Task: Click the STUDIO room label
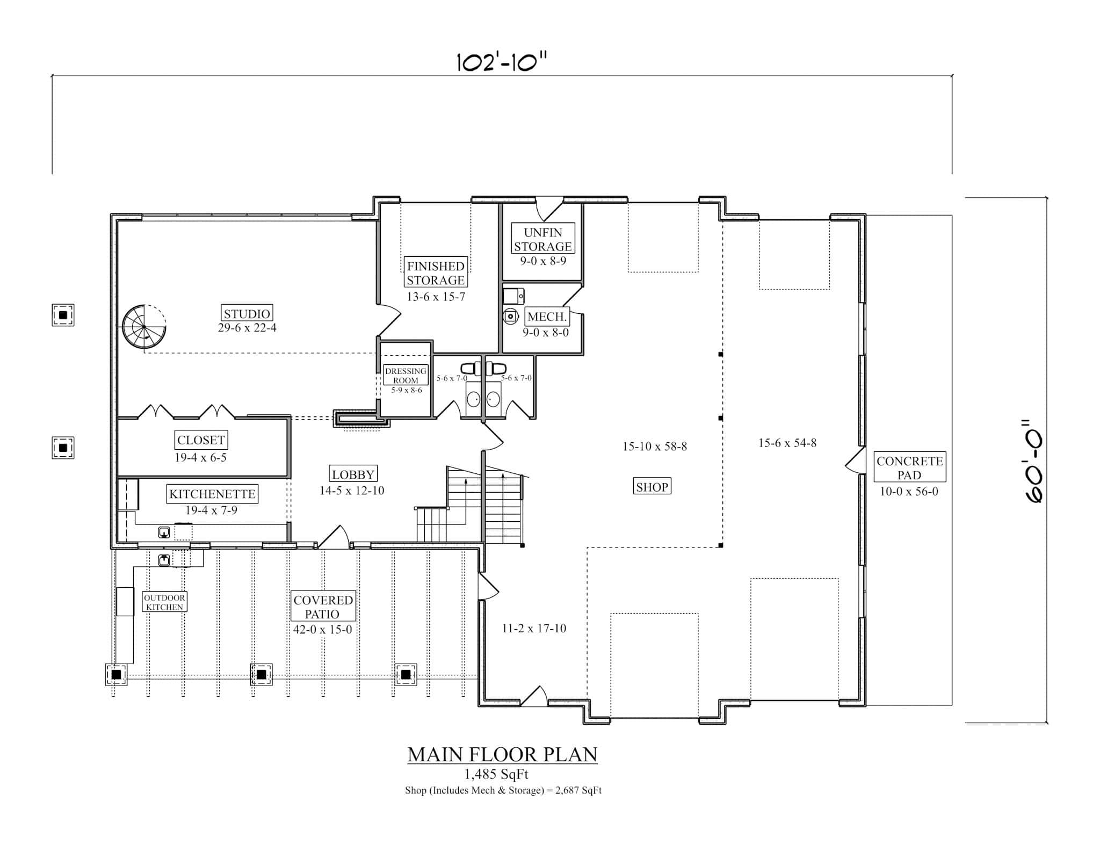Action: (247, 313)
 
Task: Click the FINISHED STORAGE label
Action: (436, 273)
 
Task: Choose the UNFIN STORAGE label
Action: (542, 240)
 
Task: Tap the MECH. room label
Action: (547, 317)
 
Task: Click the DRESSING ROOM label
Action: (406, 376)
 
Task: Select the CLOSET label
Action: (201, 440)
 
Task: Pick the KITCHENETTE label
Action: (212, 494)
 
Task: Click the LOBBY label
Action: (353, 474)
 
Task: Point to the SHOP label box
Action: (652, 487)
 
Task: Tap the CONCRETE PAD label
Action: (909, 467)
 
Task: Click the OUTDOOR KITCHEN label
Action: (164, 602)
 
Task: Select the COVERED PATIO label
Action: (323, 607)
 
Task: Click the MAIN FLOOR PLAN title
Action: (502, 754)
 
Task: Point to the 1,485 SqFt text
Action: (496, 774)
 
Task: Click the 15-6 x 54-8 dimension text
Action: (787, 443)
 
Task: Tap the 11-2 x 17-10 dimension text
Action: (534, 628)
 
